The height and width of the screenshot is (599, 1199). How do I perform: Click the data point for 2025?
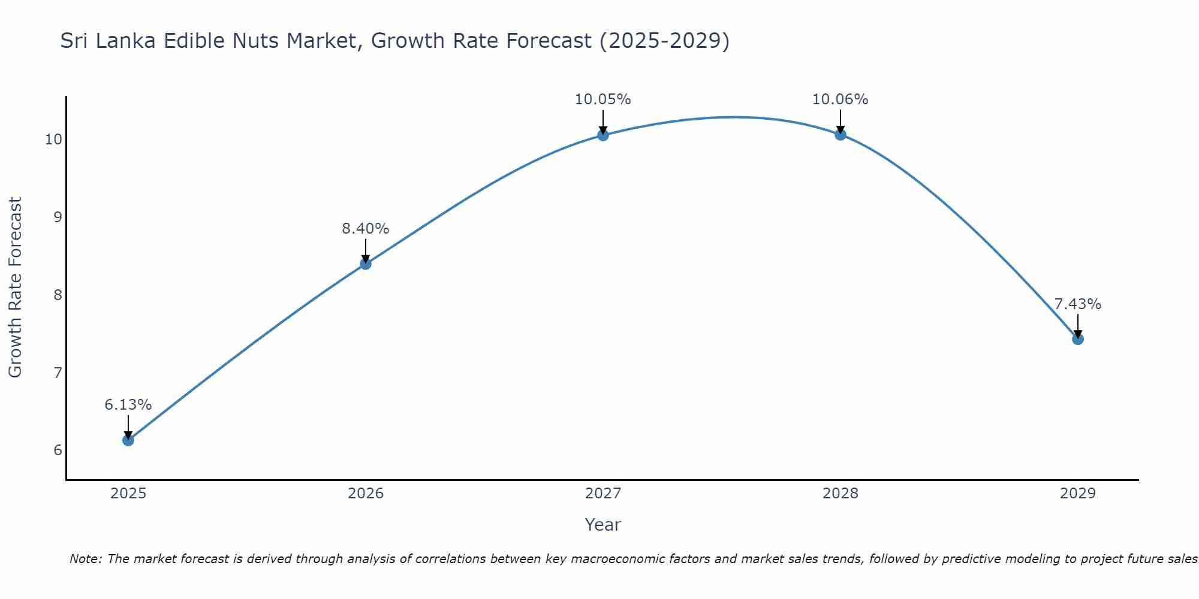coord(128,440)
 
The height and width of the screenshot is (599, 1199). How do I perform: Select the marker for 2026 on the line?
coord(366,264)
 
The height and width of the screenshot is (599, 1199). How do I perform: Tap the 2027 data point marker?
coord(603,135)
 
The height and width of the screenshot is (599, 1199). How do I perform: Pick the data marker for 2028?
coord(840,135)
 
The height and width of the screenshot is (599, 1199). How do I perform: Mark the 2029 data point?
coord(1078,339)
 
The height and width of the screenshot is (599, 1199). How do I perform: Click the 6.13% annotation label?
coord(128,405)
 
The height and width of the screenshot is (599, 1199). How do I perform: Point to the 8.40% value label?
coord(366,228)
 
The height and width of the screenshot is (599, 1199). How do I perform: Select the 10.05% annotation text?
coord(603,99)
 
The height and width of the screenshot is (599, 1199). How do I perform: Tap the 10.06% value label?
coord(840,99)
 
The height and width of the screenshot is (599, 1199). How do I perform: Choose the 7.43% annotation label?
coord(1078,304)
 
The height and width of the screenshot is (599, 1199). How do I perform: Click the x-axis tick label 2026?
coord(366,494)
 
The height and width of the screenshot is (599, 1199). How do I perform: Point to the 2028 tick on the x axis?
coord(840,494)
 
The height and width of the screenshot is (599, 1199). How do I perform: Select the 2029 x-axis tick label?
coord(1078,494)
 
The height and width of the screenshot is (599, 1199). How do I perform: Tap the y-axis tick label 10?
coord(54,140)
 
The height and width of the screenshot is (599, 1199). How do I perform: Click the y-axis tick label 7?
coord(58,373)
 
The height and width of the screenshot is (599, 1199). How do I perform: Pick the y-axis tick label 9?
coord(58,217)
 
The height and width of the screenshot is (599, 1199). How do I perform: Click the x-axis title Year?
coord(603,525)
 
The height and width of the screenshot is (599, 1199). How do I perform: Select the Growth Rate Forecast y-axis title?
coord(16,288)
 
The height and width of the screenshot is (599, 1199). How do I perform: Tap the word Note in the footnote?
coord(86,559)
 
